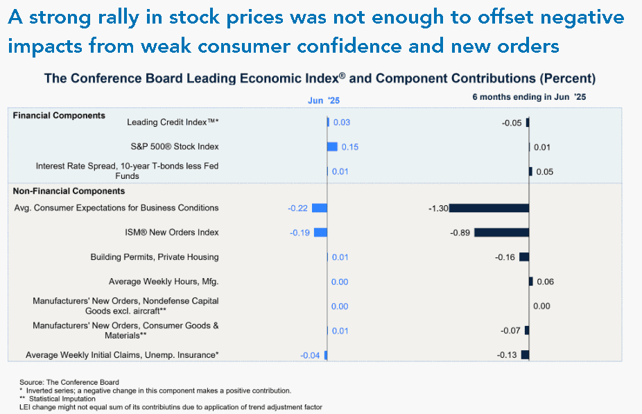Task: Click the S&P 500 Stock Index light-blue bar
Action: pos(333,146)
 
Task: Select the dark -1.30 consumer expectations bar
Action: pos(489,208)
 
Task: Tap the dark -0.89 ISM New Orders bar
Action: pos(501,232)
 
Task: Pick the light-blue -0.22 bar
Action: pos(320,208)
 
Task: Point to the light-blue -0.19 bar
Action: pos(320,232)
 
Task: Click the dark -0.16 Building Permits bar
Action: pos(524,257)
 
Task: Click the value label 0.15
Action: pos(350,147)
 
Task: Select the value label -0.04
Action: pos(310,356)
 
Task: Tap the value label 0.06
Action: pos(546,282)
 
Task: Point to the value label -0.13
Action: pos(507,355)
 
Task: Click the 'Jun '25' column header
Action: pos(324,101)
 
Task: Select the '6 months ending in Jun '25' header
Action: pos(529,97)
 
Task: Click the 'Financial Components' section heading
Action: pos(59,116)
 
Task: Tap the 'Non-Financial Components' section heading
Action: pos(69,191)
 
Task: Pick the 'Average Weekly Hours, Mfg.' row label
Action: pos(164,282)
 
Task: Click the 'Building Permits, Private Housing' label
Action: pos(155,257)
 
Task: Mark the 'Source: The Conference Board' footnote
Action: pos(69,383)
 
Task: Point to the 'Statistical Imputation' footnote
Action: pos(62,399)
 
